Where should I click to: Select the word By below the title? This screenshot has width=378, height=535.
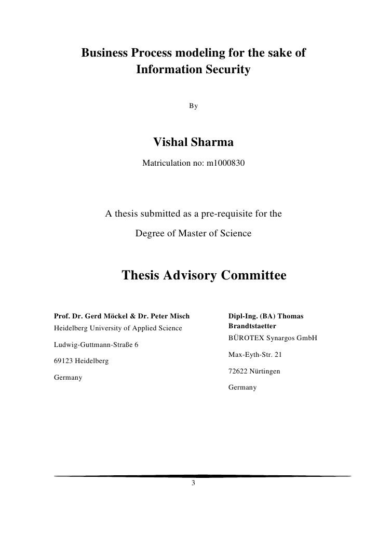click(193, 106)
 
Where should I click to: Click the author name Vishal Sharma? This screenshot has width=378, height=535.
click(193, 142)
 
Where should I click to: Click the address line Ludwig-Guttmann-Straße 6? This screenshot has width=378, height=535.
click(97, 345)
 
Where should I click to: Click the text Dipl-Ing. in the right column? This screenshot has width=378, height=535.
click(244, 316)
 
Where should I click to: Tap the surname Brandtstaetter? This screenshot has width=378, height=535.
click(252, 326)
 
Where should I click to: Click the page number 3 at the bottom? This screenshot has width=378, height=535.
click(193, 484)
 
